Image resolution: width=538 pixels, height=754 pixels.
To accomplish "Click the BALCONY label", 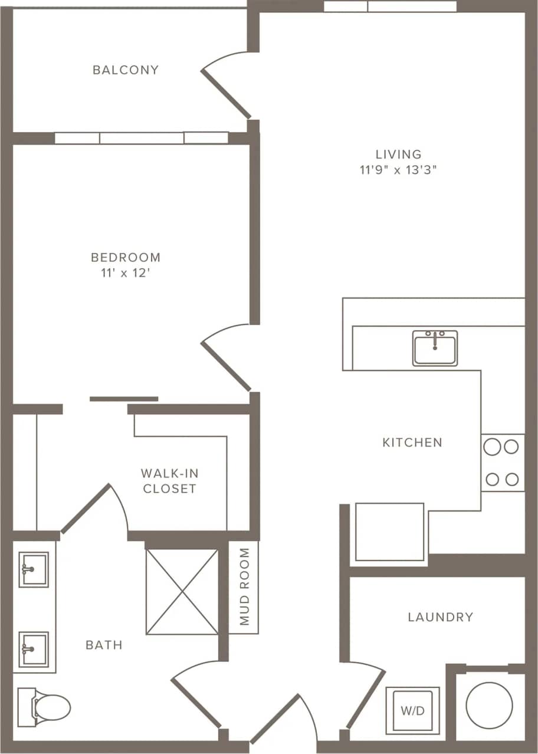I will [x=126, y=70].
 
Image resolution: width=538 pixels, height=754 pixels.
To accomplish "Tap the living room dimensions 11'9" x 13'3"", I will [x=399, y=171].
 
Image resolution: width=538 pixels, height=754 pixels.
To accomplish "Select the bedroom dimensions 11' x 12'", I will [x=126, y=273].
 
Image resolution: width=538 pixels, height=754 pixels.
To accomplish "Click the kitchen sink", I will [x=435, y=348].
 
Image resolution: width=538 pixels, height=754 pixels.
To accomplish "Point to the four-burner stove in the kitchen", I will [x=503, y=463].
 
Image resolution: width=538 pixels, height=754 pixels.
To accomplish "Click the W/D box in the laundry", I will [x=412, y=710].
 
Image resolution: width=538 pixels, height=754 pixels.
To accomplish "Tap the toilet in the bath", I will [x=44, y=707].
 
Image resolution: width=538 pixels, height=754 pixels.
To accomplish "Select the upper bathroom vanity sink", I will [x=34, y=569].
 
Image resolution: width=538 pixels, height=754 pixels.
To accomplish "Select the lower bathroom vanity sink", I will [x=34, y=649].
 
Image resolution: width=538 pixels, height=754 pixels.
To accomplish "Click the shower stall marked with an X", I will [x=182, y=592].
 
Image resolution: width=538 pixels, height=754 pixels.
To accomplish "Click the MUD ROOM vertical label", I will [x=244, y=586].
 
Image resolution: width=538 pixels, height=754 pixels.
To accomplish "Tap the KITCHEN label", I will [x=412, y=442].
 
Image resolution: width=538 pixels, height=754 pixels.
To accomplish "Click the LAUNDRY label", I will [x=440, y=617].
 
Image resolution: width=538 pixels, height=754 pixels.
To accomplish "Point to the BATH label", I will [x=104, y=645].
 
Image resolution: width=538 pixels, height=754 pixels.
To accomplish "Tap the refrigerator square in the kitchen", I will [x=389, y=532].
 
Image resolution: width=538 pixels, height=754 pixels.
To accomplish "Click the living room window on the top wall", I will [x=390, y=6].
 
